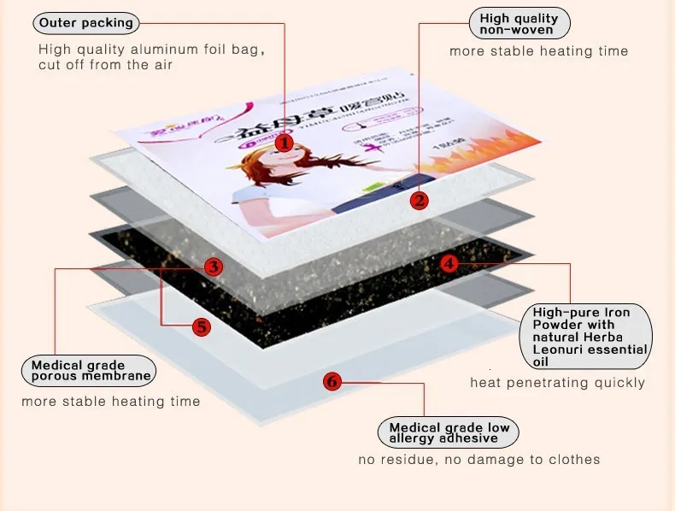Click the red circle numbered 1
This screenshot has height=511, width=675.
tap(285, 143)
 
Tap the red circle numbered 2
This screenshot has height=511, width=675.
tap(419, 201)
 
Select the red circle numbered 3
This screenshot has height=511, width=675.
tap(214, 267)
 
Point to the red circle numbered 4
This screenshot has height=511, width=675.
tap(450, 263)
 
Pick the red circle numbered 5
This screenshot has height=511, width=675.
tap(201, 326)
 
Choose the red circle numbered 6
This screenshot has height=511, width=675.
tap(332, 382)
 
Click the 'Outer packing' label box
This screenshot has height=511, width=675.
tap(86, 23)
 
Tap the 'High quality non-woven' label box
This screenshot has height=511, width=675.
tap(519, 24)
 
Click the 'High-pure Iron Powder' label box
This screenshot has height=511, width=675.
tap(585, 337)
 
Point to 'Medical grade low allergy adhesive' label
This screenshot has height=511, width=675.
tap(449, 432)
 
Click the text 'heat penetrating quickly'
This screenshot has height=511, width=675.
tap(557, 383)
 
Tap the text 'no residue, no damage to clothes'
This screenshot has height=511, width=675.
tap(478, 460)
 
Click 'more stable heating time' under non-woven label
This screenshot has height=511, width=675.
tap(538, 51)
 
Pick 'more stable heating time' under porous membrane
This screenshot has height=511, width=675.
tap(111, 402)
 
